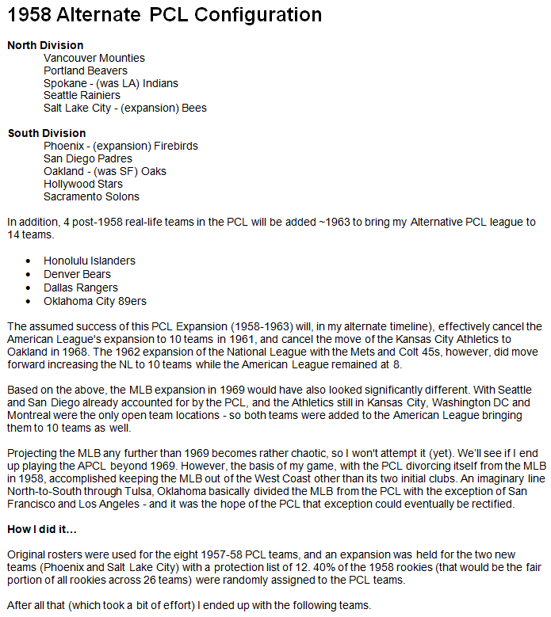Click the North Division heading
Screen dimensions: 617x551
pyautogui.click(x=45, y=45)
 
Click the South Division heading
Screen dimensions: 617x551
pyautogui.click(x=47, y=133)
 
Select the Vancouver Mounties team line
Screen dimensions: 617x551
pyautogui.click(x=94, y=58)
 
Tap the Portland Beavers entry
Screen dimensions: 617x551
pyautogui.click(x=86, y=70)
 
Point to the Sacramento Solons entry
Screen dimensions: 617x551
pyautogui.click(x=91, y=196)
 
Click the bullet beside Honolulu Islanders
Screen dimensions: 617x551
pyautogui.click(x=29, y=261)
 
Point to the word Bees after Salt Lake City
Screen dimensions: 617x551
pyautogui.click(x=194, y=108)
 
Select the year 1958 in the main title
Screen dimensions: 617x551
pyautogui.click(x=26, y=15)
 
